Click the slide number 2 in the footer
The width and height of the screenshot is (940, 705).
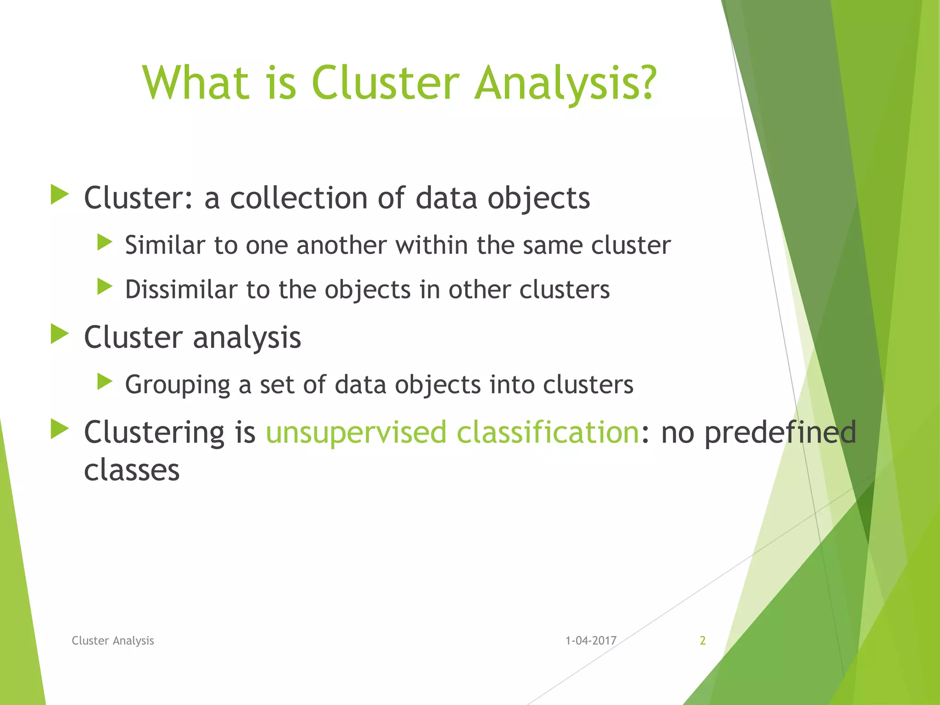coord(702,640)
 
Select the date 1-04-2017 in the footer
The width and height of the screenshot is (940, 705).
coord(591,640)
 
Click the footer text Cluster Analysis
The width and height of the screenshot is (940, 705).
coord(113,640)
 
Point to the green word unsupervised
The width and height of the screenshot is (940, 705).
coord(356,432)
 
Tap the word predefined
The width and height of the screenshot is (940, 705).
coord(780,432)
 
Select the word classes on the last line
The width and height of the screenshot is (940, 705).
coord(132,470)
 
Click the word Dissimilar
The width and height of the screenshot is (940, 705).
coord(182,290)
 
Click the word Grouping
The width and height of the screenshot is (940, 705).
coord(178,385)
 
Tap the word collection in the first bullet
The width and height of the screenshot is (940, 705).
coord(299,198)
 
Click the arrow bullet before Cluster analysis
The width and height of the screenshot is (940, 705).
coord(59,334)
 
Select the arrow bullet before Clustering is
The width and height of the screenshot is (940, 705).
coord(59,429)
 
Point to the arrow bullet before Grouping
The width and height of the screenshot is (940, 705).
coord(105,381)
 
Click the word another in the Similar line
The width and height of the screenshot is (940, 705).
coord(341,245)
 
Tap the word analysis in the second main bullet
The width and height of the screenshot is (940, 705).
coord(247,338)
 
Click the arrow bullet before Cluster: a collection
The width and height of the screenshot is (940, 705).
coord(59,194)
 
